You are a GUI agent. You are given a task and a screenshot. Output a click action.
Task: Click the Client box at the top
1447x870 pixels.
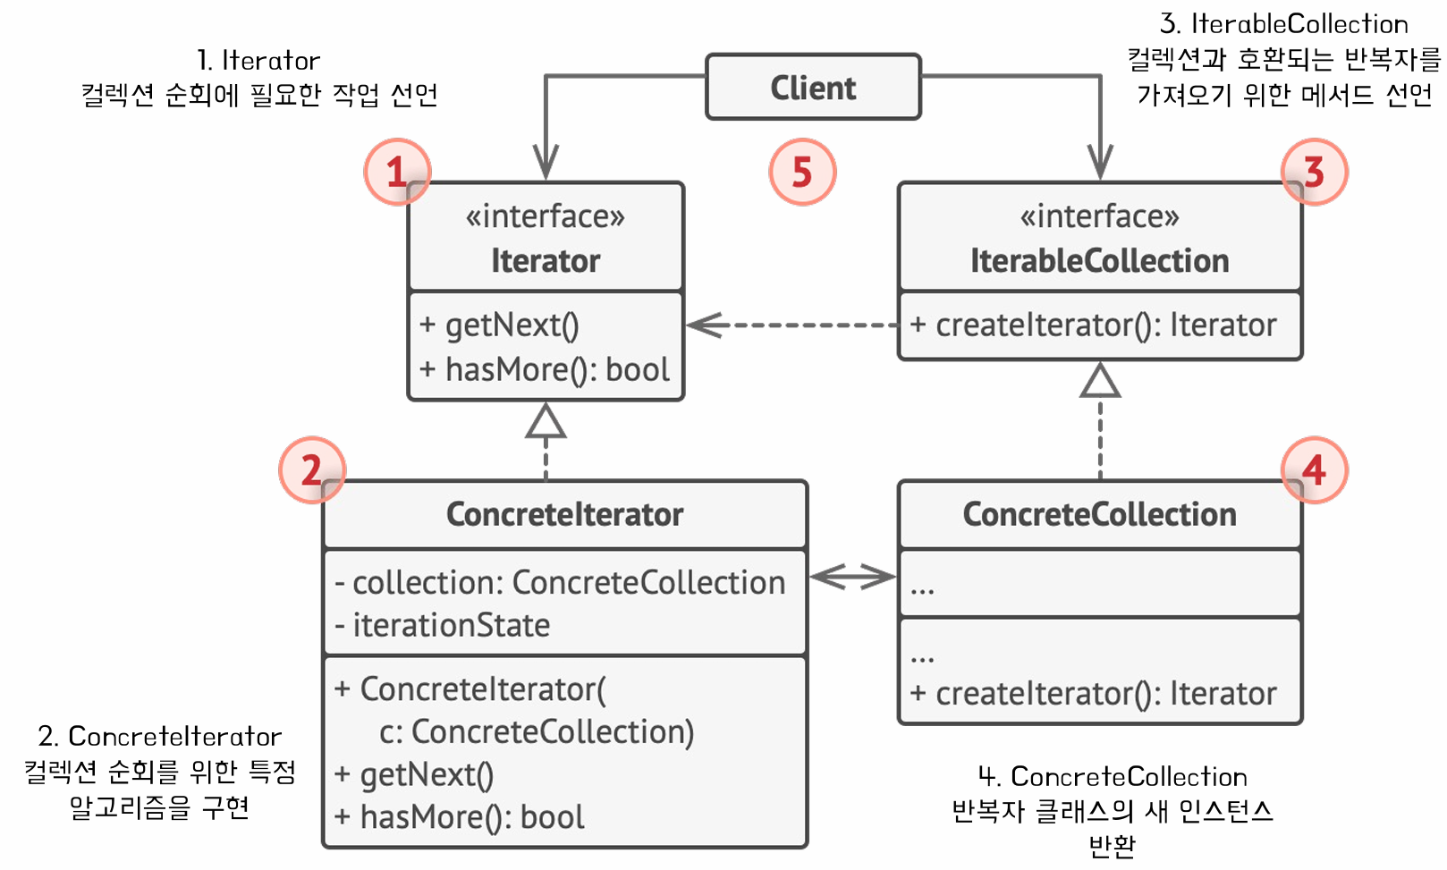click(812, 87)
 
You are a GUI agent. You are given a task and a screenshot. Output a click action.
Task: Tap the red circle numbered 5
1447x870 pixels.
click(802, 172)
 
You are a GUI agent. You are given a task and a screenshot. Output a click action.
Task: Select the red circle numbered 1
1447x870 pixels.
click(397, 172)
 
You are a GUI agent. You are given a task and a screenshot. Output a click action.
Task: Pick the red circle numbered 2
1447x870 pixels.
click(311, 469)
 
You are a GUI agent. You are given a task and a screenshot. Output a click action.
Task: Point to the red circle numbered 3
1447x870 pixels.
click(1313, 172)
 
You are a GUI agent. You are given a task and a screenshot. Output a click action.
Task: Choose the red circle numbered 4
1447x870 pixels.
click(1313, 469)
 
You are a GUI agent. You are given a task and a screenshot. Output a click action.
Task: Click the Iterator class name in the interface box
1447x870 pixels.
click(546, 261)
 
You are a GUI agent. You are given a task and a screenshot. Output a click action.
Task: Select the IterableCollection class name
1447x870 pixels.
click(1099, 261)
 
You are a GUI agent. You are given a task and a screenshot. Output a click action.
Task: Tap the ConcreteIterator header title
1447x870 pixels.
click(564, 515)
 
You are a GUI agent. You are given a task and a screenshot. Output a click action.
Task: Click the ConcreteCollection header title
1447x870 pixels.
click(1099, 515)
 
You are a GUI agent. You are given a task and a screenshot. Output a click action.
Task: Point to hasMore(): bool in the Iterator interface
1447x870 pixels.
click(545, 369)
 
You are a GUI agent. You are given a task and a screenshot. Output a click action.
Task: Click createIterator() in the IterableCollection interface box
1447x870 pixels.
click(1093, 325)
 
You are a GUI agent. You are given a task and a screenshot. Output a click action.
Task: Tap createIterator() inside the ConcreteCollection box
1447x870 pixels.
click(1093, 694)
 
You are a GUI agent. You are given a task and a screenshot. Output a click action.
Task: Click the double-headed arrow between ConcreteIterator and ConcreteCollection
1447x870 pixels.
click(852, 577)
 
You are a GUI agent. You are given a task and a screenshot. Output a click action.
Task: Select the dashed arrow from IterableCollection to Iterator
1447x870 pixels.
click(791, 325)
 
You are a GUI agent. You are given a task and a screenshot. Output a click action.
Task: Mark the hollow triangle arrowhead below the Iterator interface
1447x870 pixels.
click(546, 422)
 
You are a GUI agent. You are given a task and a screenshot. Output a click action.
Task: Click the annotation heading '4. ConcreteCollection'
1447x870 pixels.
click(1112, 776)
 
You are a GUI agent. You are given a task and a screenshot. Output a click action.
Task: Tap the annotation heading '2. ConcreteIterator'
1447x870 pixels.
click(159, 736)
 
